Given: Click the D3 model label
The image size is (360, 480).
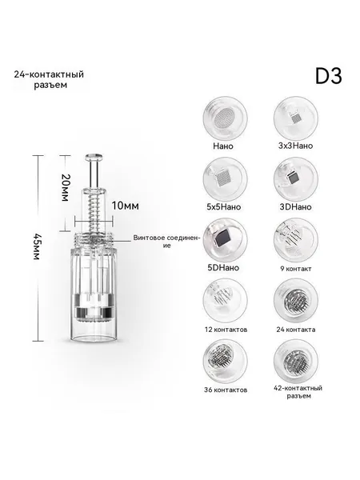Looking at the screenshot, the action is click(329, 76).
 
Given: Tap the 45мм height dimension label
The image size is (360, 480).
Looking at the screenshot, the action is click(37, 246).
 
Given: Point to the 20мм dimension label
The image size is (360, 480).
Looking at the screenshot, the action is click(65, 187).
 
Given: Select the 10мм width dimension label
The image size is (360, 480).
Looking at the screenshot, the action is click(125, 206).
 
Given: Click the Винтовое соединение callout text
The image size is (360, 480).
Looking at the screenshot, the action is click(167, 242).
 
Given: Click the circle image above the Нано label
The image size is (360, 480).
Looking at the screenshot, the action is click(225, 118).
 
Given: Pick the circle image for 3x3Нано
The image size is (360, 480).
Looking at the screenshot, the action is click(296, 118).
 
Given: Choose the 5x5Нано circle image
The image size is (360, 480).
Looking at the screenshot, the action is click(225, 178).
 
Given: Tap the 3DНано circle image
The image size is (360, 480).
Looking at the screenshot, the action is click(296, 178).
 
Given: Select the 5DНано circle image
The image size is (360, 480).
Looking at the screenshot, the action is click(225, 240).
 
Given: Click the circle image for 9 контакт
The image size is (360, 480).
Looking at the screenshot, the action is click(296, 240).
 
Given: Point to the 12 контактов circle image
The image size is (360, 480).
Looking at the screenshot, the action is click(225, 301).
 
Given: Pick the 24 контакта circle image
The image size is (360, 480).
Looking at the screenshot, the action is click(296, 301).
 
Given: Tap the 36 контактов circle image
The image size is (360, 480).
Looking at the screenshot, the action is click(225, 362).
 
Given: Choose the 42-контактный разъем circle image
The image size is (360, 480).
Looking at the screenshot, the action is click(296, 362).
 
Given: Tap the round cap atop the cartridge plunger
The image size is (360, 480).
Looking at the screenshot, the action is click(94, 157).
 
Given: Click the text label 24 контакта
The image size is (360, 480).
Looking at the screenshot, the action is click(296, 330).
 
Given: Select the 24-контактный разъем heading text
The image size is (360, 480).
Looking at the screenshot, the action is click(49, 79).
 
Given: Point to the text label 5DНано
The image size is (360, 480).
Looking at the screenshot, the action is click(223, 267).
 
